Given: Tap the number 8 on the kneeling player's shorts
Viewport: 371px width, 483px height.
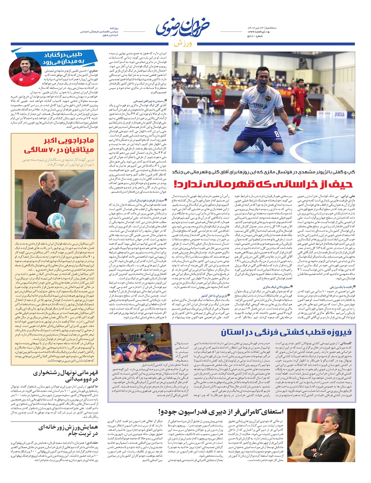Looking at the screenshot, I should (277, 134).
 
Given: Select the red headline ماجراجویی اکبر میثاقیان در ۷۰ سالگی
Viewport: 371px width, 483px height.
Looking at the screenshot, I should (59, 145).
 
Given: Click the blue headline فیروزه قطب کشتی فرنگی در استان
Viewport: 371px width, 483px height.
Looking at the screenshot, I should (286, 333).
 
